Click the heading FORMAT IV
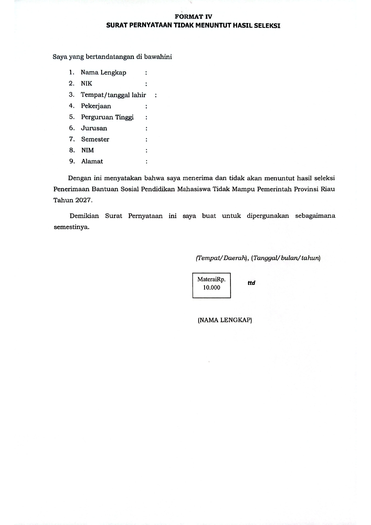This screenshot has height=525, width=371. [x=193, y=17]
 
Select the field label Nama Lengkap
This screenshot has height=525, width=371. [x=104, y=73]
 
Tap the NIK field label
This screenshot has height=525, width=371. [x=86, y=84]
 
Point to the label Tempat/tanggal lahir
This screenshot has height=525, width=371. [x=113, y=95]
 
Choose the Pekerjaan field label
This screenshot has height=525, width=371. [x=96, y=106]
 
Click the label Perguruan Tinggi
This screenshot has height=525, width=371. [x=107, y=117]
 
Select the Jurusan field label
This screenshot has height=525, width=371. [x=94, y=128]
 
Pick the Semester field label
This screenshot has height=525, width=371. [x=95, y=139]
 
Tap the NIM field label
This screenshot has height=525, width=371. [x=88, y=150]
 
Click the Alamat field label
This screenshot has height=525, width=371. [x=92, y=162]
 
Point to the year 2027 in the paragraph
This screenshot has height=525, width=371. [x=83, y=200]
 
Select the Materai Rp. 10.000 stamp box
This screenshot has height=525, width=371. [x=212, y=285]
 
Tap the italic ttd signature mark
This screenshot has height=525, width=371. [x=251, y=283]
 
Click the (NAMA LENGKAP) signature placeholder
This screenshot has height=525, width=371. [x=225, y=320]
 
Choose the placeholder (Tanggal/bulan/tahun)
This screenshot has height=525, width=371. [x=286, y=258]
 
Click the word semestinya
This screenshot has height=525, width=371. [x=72, y=227]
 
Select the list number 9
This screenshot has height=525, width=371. [x=72, y=162]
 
